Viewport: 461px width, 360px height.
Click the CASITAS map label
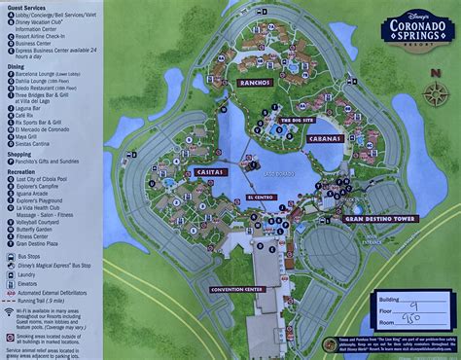(x=208, y=172)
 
